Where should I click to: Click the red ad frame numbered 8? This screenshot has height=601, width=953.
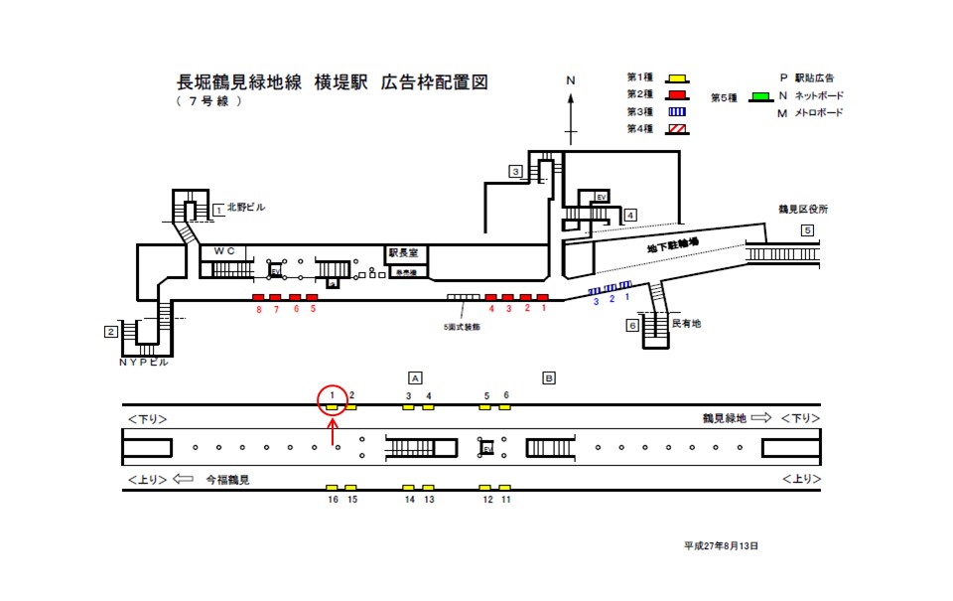click(x=258, y=297)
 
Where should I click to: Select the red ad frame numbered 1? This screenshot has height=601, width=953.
click(x=542, y=297)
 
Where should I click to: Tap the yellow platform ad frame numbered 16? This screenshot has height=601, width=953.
click(x=333, y=487)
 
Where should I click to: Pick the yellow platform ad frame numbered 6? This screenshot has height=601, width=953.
click(x=505, y=406)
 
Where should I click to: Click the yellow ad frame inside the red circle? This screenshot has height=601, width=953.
click(x=333, y=406)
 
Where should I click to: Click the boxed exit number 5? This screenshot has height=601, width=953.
click(x=807, y=230)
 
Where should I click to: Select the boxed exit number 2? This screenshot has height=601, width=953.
click(x=112, y=332)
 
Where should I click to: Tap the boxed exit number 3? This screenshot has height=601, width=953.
click(x=515, y=171)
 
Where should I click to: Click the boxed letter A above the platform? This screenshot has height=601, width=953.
click(x=416, y=376)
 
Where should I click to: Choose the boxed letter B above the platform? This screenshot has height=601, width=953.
click(x=548, y=376)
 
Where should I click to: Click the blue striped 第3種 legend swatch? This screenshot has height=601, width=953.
click(x=677, y=112)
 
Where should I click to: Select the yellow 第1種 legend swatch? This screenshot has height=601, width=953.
click(x=677, y=78)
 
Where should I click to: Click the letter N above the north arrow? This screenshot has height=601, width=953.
click(x=571, y=80)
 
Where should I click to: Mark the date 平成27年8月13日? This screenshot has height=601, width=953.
click(x=722, y=545)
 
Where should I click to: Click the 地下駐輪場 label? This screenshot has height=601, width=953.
click(x=673, y=241)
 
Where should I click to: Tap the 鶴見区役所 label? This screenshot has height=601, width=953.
click(x=803, y=209)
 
